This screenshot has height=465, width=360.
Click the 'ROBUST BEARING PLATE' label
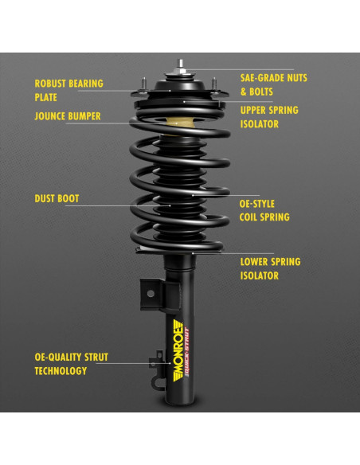tap(68, 90)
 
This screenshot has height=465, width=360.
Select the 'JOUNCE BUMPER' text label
tap(67, 116)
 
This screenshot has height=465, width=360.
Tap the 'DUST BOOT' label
tap(57, 198)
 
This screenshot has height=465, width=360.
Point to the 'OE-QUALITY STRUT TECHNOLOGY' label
tap(71, 364)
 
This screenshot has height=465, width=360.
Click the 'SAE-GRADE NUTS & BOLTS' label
tap(273, 85)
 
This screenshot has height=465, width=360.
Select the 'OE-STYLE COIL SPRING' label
tap(264, 209)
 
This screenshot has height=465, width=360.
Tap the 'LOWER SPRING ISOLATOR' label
tap(270, 268)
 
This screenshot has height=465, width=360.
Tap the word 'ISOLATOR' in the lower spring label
tap(260, 276)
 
